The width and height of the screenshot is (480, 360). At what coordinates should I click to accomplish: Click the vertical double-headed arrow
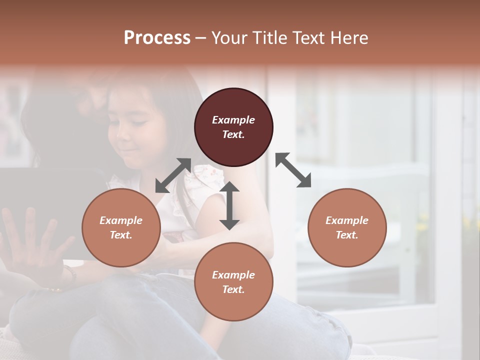[229, 205]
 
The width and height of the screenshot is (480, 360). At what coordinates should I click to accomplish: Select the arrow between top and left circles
[173, 175]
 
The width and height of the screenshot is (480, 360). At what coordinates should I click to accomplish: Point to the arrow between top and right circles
[293, 170]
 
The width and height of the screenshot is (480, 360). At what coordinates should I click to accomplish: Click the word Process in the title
[157, 38]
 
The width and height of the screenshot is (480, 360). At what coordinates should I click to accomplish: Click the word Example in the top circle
[233, 120]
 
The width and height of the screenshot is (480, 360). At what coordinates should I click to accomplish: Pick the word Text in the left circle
[121, 235]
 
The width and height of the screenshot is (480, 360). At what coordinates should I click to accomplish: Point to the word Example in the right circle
[347, 220]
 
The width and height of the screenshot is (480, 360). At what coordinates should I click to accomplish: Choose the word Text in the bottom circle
[233, 289]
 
